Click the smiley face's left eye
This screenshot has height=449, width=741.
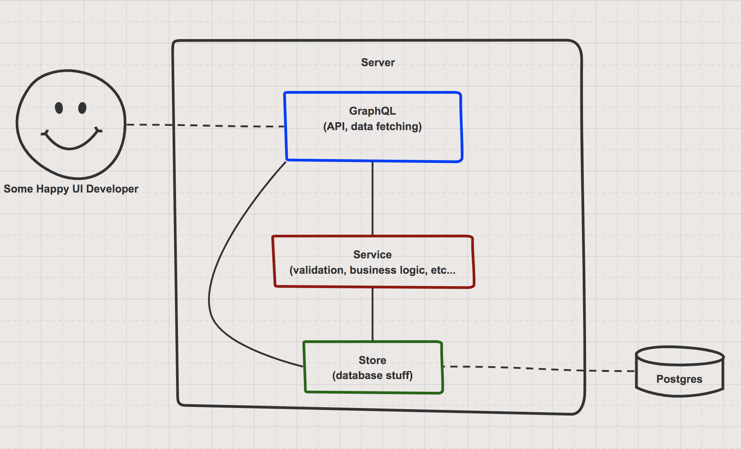[59, 108]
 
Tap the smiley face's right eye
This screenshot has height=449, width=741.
[82, 108]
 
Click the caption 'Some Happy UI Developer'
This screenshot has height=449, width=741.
[71, 189]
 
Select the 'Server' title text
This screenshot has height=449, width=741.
[378, 62]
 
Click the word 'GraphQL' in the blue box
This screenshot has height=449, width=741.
[372, 111]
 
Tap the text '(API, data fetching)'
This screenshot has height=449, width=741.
[372, 126]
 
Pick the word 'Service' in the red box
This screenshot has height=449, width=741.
[372, 255]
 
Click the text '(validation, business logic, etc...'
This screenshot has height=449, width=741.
[372, 270]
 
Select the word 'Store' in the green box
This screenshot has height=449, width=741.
[372, 360]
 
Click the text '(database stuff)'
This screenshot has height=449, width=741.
[372, 375]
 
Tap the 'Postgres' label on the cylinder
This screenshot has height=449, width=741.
[679, 379]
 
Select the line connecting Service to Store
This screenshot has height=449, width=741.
[373, 314]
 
